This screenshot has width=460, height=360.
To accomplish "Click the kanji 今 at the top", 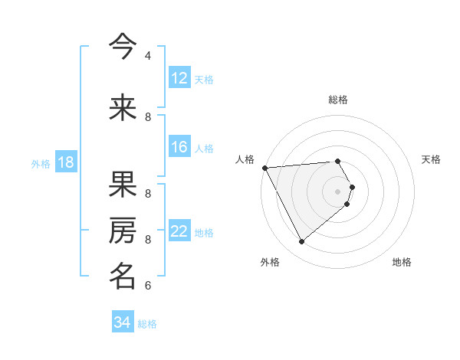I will click(123, 46).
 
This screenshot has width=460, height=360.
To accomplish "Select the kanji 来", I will click(123, 108).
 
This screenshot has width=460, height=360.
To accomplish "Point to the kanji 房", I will click(123, 231).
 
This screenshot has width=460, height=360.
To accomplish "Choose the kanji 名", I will click(123, 277).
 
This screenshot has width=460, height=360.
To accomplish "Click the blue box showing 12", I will click(179, 78).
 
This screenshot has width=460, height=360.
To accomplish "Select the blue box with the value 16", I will click(179, 147).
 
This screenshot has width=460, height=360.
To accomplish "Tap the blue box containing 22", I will click(179, 231).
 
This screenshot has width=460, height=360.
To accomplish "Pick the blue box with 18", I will click(65, 162).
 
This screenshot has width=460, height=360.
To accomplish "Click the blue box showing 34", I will click(123, 322).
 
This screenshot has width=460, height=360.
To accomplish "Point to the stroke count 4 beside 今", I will click(148, 55).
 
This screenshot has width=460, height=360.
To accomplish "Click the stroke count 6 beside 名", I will click(148, 286).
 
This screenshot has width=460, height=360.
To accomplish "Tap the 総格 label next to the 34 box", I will click(147, 324).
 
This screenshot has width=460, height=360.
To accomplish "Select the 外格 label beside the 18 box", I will click(41, 163).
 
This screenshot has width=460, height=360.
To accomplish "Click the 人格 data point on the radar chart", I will click(264, 168).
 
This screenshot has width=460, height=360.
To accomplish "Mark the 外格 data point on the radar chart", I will click(301, 241).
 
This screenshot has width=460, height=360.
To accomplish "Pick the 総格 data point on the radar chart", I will click(337, 162).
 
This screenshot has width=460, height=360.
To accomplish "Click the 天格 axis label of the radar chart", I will click(431, 159).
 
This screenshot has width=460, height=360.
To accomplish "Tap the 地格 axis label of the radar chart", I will click(402, 262).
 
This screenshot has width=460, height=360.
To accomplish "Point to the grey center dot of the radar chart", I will click(337, 191).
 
